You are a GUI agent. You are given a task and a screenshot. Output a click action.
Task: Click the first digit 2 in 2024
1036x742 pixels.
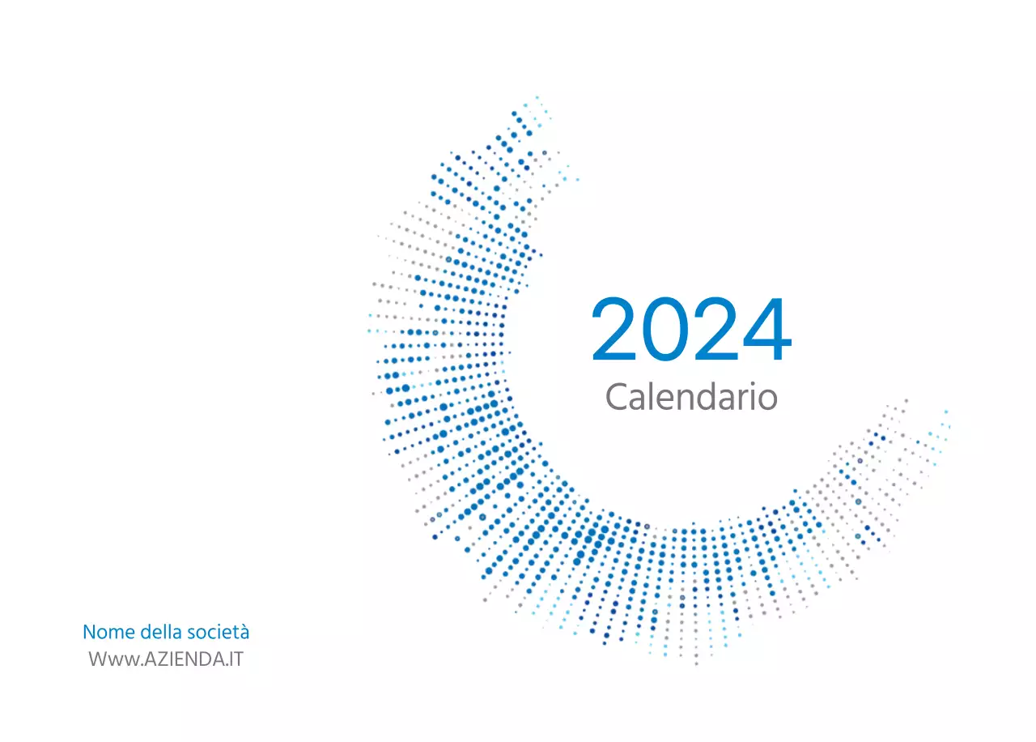616,330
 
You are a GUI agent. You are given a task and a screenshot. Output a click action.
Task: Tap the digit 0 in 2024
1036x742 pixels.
665,330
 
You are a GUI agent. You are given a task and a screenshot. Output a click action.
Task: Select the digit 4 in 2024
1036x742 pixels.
765,330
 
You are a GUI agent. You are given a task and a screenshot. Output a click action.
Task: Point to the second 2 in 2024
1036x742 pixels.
714,330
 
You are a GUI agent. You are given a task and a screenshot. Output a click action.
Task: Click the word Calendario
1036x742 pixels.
691,397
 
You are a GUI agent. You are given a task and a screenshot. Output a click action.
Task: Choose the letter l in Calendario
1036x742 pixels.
652,396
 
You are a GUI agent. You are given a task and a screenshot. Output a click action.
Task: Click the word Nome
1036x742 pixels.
109,632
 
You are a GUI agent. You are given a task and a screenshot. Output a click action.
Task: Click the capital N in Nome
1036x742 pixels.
89,632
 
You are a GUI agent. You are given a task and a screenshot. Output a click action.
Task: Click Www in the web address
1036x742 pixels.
107,659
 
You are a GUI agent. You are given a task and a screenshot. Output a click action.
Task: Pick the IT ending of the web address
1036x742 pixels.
236,659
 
